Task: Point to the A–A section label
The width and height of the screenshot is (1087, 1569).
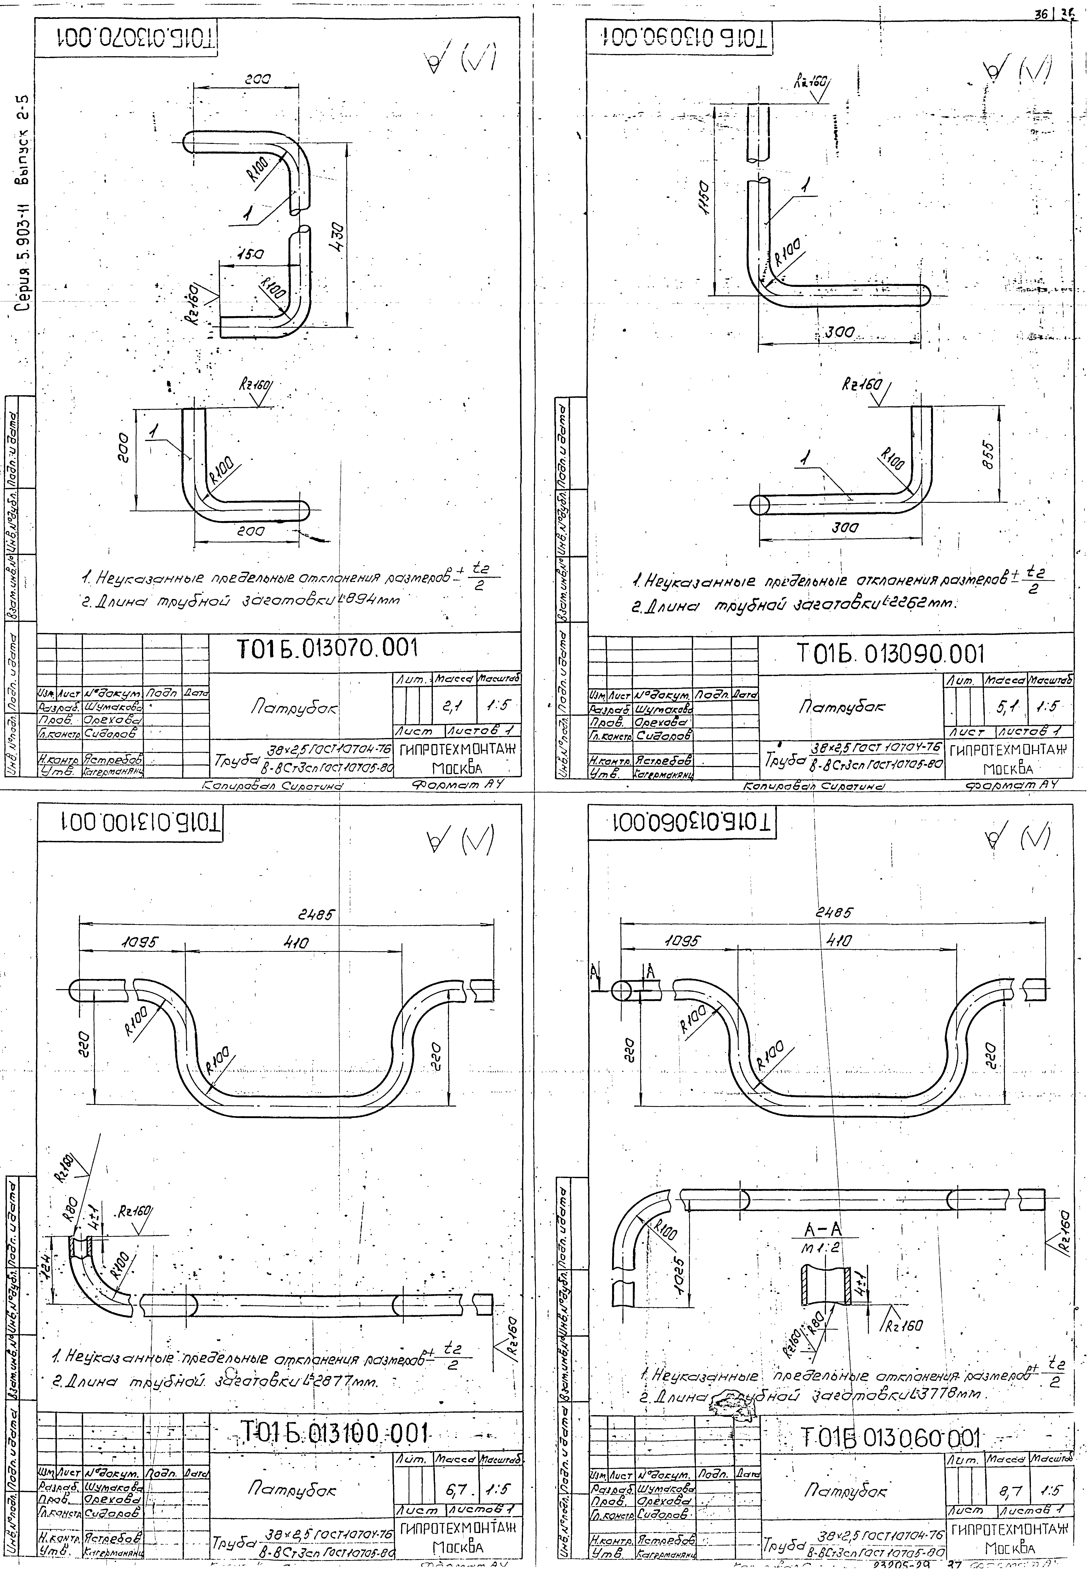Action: [x=823, y=1229]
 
